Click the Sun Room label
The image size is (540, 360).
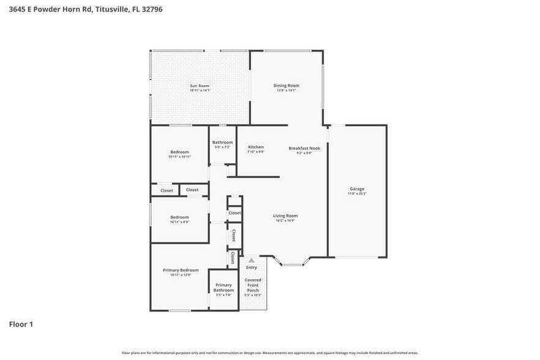(x=200, y=86)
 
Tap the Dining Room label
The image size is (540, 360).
(x=286, y=86)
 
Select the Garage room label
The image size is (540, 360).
(x=357, y=189)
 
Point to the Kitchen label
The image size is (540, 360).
(x=255, y=147)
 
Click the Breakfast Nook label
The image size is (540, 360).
(x=304, y=148)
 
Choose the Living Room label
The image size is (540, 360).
(x=285, y=216)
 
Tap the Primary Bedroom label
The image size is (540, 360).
(x=181, y=270)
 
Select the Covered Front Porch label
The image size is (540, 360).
(x=253, y=285)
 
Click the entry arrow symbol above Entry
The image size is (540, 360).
(x=251, y=261)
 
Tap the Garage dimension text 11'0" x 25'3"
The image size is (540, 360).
(x=357, y=193)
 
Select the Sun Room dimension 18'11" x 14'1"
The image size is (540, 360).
(x=200, y=91)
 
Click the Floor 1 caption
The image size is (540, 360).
(x=21, y=324)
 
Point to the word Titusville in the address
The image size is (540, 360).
(x=113, y=9)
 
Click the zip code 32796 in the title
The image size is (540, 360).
(x=151, y=9)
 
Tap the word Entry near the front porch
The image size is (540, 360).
(x=252, y=268)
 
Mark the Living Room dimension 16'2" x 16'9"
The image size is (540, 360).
(x=285, y=220)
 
